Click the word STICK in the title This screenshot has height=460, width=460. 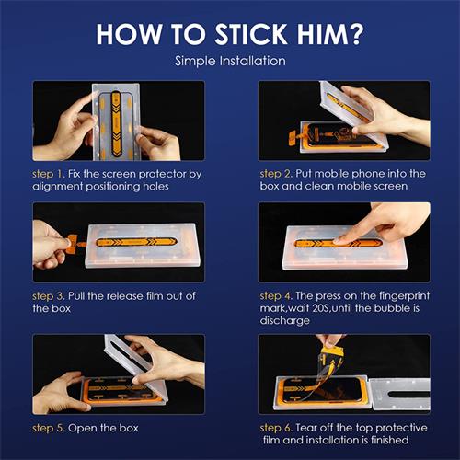[x=251, y=34]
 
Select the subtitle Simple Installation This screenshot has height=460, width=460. [x=230, y=61]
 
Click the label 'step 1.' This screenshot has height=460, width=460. [x=49, y=174]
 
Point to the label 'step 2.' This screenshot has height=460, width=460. [x=276, y=174]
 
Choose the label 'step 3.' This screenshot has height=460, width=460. [x=49, y=296]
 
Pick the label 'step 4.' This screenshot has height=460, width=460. [x=276, y=296]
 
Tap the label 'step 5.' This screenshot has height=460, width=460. [x=49, y=428]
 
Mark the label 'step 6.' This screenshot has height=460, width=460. [x=276, y=428]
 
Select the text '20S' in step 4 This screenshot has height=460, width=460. [x=320, y=308]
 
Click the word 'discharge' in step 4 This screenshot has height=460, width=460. [x=285, y=321]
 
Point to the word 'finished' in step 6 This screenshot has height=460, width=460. [x=389, y=440]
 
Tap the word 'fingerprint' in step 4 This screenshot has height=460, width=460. [x=404, y=296]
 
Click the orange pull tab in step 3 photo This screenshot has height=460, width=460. [x=73, y=243]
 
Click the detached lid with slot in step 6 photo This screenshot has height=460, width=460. [x=399, y=394]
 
